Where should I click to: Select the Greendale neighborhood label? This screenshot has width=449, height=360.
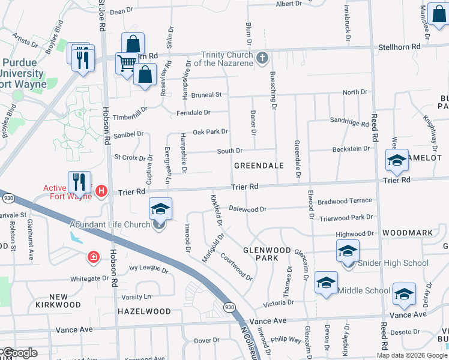[x=258, y=165]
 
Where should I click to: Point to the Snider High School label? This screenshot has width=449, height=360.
[x=393, y=263]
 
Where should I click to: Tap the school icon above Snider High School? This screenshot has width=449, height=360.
[x=348, y=251]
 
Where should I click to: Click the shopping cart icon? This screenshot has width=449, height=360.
[x=126, y=62]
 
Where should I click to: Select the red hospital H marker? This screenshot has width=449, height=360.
[x=101, y=191]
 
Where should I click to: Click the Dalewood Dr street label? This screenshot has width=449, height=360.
[x=247, y=209]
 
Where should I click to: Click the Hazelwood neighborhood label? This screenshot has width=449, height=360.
[x=145, y=311]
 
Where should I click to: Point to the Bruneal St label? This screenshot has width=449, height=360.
[x=206, y=95]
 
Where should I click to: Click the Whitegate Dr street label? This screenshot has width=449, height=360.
[x=89, y=278]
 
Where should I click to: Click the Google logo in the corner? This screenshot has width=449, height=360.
[x=19, y=353]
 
